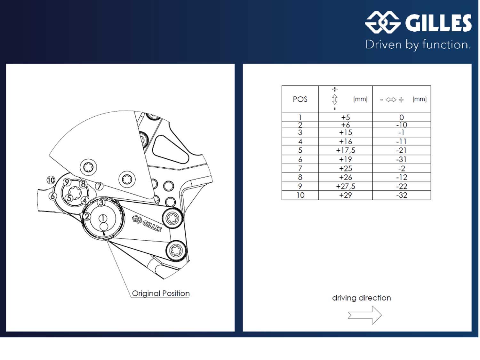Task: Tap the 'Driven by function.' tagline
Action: (x=418, y=44)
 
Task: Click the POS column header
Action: (x=300, y=99)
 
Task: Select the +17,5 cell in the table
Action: (x=346, y=150)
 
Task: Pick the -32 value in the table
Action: (x=402, y=195)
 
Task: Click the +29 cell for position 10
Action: (x=346, y=195)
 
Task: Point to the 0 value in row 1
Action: (x=402, y=117)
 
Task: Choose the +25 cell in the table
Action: (x=346, y=168)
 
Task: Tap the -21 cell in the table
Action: (x=402, y=150)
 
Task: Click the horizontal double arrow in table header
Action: (x=391, y=100)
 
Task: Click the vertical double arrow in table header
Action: (x=335, y=99)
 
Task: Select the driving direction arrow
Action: (x=365, y=315)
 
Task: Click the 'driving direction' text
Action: (x=361, y=298)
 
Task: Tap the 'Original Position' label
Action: (x=161, y=293)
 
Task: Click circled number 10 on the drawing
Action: (x=51, y=180)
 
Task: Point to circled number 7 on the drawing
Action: (x=99, y=186)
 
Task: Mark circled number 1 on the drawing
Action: (x=102, y=218)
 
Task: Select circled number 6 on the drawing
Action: (x=53, y=196)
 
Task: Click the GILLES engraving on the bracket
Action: (x=147, y=223)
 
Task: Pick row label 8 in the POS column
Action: (x=300, y=177)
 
